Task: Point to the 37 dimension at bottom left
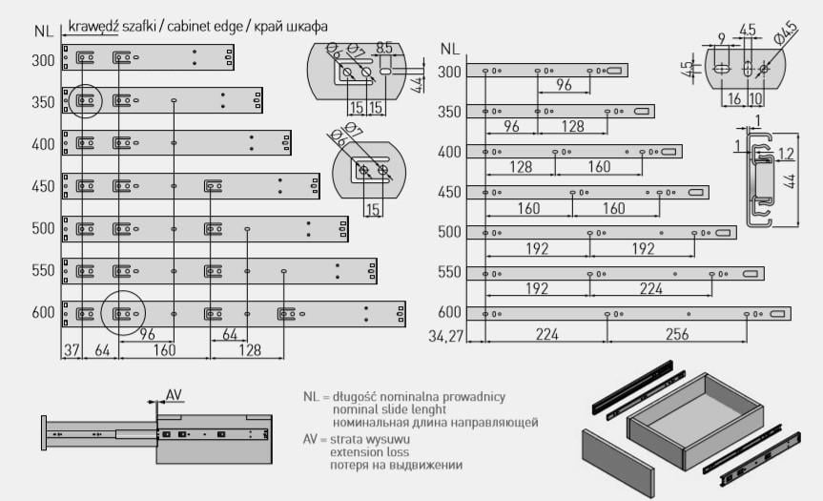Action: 71,349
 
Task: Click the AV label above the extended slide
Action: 174,394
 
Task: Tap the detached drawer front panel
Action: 619,463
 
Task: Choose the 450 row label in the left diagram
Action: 44,186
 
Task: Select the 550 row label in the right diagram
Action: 449,272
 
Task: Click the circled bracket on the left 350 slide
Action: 84,100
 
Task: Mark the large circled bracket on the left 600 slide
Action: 123,312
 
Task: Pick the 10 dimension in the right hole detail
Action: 757,99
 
